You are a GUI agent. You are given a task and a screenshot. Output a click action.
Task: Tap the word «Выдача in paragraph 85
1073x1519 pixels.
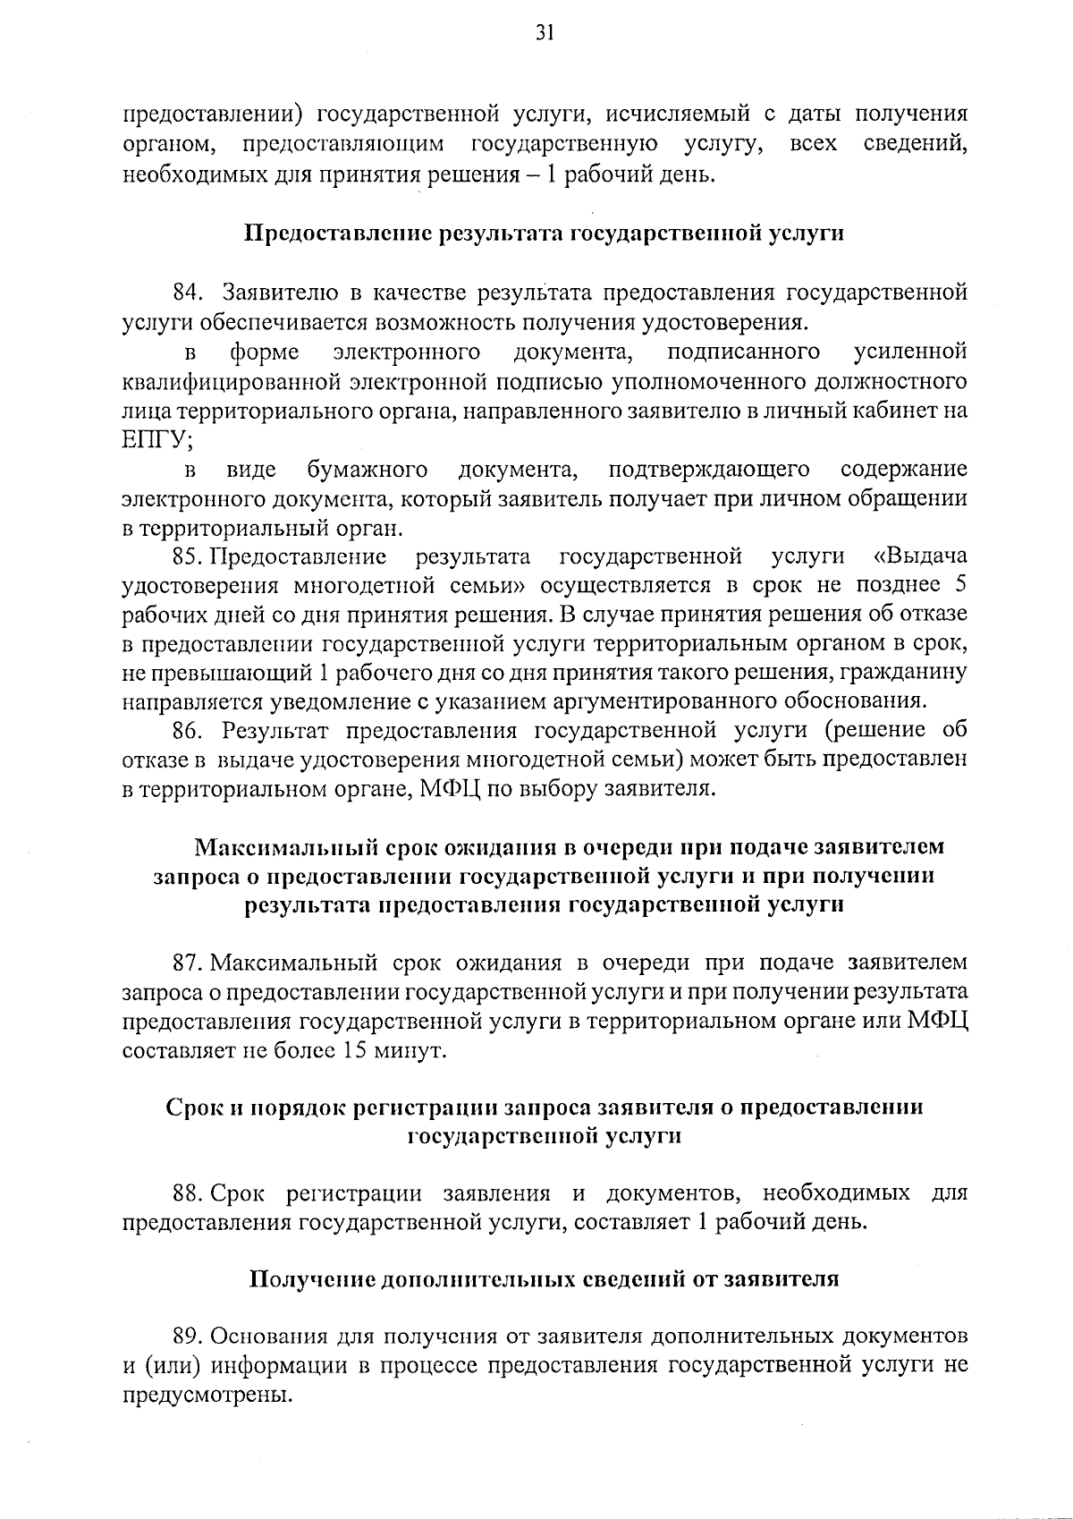(x=920, y=557)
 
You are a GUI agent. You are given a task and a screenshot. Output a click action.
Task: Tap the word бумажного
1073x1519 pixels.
(x=367, y=470)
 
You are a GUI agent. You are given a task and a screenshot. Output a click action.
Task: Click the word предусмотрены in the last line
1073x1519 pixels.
(x=207, y=1396)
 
